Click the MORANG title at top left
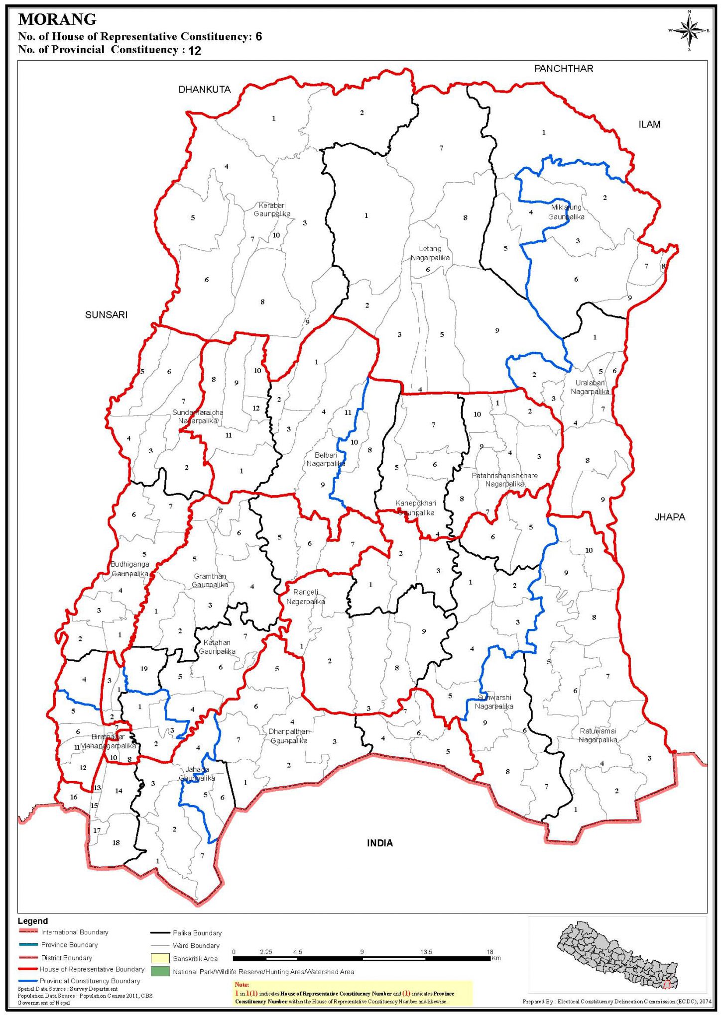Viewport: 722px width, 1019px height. click(x=57, y=20)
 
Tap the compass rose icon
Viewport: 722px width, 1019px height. click(x=689, y=30)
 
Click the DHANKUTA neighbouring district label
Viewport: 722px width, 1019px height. click(x=205, y=90)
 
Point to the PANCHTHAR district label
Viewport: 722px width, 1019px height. click(x=564, y=69)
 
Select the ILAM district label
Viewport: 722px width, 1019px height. click(x=649, y=124)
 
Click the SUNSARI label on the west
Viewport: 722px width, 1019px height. click(x=106, y=314)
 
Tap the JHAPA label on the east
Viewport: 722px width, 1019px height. click(x=670, y=517)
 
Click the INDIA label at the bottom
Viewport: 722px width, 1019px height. click(x=380, y=843)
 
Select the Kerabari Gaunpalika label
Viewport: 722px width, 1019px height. click(x=272, y=209)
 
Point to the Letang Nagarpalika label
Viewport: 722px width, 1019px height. click(x=430, y=253)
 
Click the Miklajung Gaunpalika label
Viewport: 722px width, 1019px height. click(x=566, y=212)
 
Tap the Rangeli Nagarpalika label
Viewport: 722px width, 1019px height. click(x=305, y=597)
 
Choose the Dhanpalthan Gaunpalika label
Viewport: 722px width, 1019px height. click(x=289, y=736)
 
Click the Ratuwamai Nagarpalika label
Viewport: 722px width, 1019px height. click(x=598, y=735)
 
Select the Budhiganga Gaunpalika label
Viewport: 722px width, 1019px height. click(x=129, y=569)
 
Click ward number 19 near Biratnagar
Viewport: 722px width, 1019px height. click(x=144, y=669)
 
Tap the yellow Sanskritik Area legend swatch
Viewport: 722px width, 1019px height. click(x=160, y=958)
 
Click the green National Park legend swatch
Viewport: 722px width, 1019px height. click(x=160, y=971)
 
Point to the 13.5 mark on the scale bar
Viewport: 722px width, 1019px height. click(x=426, y=952)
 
